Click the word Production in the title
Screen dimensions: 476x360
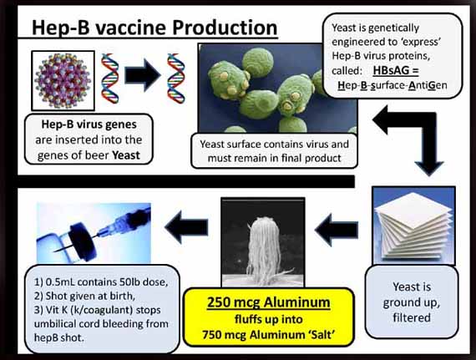pyautogui.click(x=225, y=28)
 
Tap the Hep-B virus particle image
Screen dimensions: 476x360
pyautogui.click(x=63, y=81)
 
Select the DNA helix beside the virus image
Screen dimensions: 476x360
pyautogui.click(x=110, y=79)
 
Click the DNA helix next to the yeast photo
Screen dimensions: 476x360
pyautogui.click(x=175, y=79)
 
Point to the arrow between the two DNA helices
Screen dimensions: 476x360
pyautogui.click(x=143, y=75)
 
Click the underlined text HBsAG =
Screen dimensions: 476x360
pyautogui.click(x=396, y=71)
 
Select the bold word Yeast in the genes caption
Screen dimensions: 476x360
pyautogui.click(x=126, y=155)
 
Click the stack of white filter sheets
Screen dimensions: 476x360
pyautogui.click(x=413, y=226)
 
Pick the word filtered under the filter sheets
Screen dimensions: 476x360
pyautogui.click(x=412, y=317)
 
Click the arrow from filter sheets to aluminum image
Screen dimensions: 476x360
pyautogui.click(x=337, y=230)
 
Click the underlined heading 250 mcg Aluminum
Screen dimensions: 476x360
pyautogui.click(x=268, y=302)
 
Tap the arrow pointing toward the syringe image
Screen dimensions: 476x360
pyautogui.click(x=186, y=227)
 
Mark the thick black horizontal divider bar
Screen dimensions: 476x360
pyautogui.click(x=186, y=181)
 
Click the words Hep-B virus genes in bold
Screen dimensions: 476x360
pyautogui.click(x=89, y=124)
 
